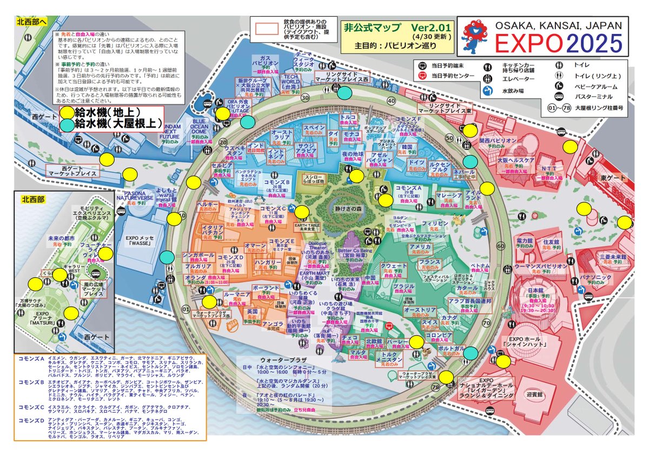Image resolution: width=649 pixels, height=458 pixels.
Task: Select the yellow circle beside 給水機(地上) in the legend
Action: [67, 112]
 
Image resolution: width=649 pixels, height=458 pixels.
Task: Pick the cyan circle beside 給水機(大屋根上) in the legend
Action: [67, 124]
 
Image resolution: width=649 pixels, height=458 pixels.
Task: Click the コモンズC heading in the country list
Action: [31, 407]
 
